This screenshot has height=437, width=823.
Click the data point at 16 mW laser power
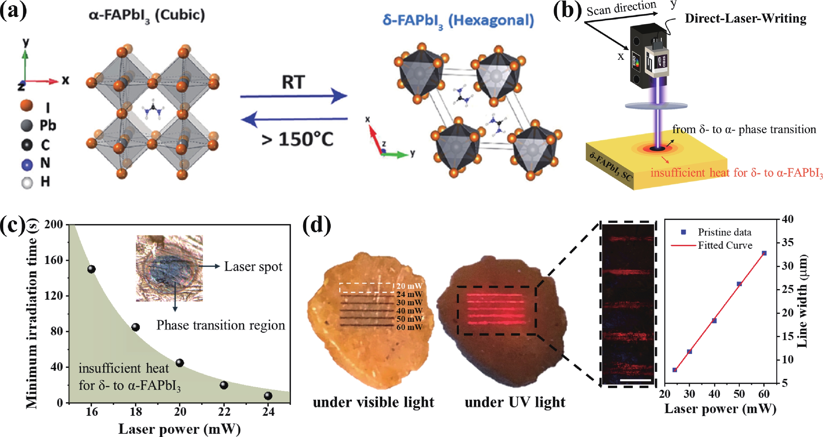click(x=91, y=269)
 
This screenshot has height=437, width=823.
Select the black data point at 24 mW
click(x=268, y=396)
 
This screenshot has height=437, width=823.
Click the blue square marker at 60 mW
click(x=764, y=253)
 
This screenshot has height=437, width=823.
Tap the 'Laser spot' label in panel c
click(x=253, y=266)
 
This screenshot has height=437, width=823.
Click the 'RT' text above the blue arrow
click(x=293, y=83)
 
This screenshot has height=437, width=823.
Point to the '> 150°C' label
click(x=297, y=139)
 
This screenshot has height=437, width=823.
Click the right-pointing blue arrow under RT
click(x=294, y=96)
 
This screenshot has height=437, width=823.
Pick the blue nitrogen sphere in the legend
click(x=27, y=165)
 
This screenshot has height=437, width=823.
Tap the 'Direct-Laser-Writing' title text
click(x=745, y=19)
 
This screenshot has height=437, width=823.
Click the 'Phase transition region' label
click(x=221, y=325)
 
